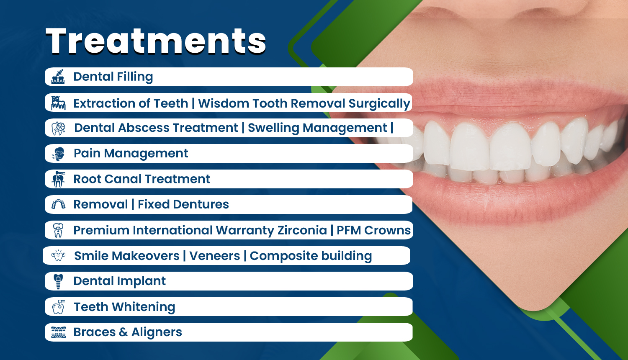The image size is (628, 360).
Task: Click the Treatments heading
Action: click(156, 41)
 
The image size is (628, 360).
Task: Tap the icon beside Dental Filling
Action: click(58, 77)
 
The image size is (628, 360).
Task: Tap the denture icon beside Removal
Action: click(58, 204)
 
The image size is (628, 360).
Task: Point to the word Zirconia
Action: click(302, 230)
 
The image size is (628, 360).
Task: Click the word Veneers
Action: click(215, 256)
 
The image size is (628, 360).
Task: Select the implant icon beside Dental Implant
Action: click(58, 281)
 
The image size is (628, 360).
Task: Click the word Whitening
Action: click(144, 307)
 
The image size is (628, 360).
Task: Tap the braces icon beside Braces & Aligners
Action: click(58, 332)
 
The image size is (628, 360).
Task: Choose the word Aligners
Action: click(157, 332)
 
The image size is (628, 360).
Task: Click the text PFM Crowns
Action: click(373, 230)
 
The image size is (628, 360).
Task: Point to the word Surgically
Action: click(379, 104)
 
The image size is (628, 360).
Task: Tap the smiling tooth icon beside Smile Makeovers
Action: click(58, 255)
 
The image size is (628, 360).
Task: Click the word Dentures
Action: click(201, 204)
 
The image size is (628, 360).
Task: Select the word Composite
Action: click(284, 256)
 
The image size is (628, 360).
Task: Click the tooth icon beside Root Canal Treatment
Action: click(58, 179)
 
